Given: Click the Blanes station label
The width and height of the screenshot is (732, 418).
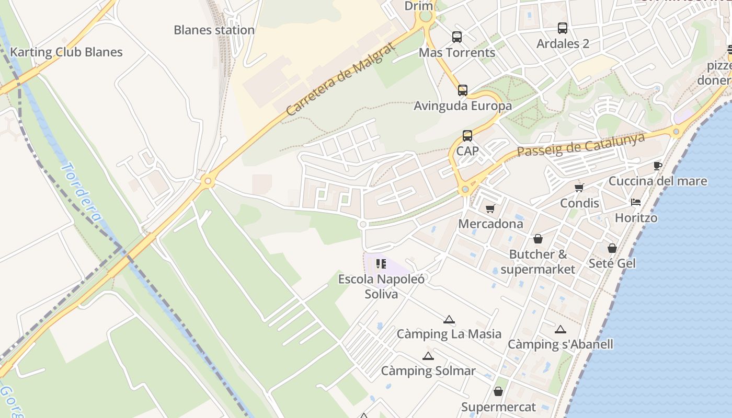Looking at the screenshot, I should click(214, 30).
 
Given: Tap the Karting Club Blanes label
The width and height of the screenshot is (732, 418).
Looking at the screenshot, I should click(66, 52).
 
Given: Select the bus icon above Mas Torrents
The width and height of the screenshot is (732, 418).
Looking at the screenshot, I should click(457, 37).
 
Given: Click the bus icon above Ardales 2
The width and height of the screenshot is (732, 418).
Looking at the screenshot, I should click(563, 28).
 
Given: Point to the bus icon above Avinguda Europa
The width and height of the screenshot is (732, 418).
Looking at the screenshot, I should click(463, 90).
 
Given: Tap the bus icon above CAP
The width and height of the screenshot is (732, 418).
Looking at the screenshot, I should click(467, 136).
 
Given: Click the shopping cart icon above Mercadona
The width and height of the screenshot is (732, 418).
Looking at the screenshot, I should click(490, 208).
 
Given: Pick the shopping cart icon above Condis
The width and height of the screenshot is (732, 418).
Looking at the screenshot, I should click(579, 188).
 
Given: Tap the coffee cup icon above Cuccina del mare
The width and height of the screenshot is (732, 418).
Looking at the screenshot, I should click(658, 166).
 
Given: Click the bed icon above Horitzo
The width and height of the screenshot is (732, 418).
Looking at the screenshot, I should click(636, 202).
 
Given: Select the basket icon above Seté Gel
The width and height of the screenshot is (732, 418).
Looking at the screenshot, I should click(612, 248).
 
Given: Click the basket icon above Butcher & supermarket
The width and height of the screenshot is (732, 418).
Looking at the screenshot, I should click(537, 239).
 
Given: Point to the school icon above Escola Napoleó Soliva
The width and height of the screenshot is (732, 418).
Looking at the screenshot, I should click(381, 263).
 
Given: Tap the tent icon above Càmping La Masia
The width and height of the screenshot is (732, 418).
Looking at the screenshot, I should click(449, 319).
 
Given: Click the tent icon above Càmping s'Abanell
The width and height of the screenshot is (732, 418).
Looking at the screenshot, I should click(561, 329).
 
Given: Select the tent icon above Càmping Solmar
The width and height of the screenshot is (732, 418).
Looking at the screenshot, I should click(428, 356).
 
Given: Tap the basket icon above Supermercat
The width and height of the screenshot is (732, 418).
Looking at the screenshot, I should click(498, 391).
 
